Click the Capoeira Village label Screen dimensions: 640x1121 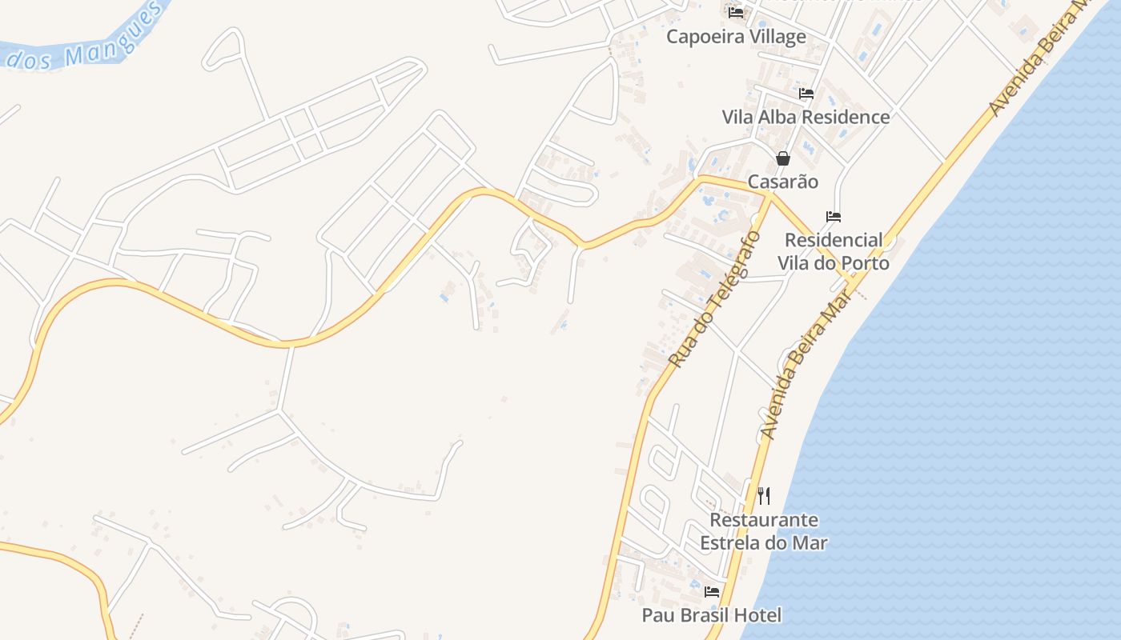[736, 37]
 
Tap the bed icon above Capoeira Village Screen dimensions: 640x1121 [736, 12]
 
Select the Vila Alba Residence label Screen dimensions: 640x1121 [806, 117]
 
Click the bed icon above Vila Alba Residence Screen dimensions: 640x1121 [806, 94]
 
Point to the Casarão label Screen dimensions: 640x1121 [783, 182]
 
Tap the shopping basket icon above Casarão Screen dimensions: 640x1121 [783, 158]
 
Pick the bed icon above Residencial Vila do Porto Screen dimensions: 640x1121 [834, 217]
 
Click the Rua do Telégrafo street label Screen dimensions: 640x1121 [714, 300]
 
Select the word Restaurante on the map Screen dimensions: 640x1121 [764, 520]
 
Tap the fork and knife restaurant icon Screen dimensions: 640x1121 [764, 496]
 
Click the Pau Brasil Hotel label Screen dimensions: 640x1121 [712, 615]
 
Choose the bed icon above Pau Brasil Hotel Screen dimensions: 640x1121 [712, 592]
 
